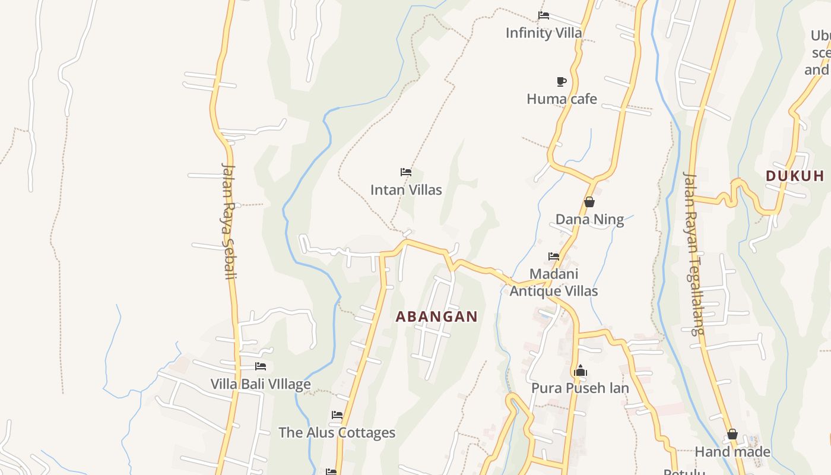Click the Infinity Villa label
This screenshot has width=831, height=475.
pos(544,33)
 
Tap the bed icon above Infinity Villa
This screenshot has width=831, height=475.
pos(543,15)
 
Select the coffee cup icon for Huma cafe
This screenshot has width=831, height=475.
pos(561,81)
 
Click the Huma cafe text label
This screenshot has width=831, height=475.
pos(562,99)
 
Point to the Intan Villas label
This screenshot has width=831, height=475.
pos(406,190)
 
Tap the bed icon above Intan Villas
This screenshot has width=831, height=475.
pos(406,173)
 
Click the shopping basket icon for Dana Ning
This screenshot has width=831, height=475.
pos(589,202)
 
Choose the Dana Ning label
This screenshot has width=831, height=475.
pos(589,220)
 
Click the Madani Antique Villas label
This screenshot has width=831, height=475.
pos(554,283)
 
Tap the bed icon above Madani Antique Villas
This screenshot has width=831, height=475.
pos(554,256)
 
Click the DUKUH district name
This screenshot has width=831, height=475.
pos(795,176)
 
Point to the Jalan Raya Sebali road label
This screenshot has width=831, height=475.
pos(229,220)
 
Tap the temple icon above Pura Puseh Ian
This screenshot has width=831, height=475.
pos(580,371)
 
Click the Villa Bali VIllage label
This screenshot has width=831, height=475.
pos(261,384)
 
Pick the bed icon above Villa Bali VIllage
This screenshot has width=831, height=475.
pos(261,367)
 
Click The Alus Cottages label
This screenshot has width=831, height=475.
pos(337,432)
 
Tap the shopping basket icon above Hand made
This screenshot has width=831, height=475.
pos(732,435)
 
